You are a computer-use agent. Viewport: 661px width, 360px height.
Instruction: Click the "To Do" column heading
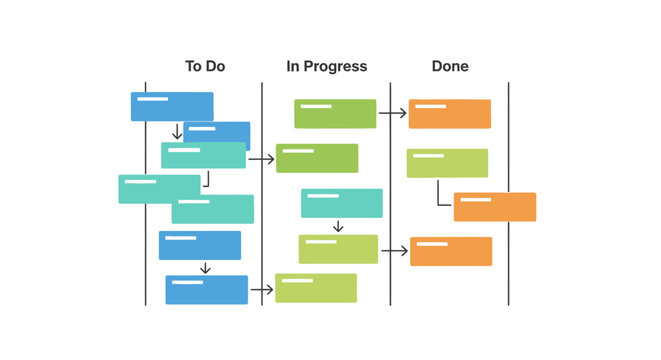click(x=205, y=67)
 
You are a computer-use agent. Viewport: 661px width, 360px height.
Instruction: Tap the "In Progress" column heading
click(x=327, y=67)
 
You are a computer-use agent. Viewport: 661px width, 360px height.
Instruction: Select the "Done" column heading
click(x=450, y=67)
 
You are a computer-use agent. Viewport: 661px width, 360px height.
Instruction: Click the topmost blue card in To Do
click(x=171, y=106)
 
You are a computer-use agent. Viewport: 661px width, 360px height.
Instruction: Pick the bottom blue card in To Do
click(x=206, y=290)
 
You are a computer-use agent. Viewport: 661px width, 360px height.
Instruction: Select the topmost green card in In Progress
click(x=335, y=114)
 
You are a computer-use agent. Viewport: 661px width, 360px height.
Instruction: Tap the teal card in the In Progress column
click(x=341, y=203)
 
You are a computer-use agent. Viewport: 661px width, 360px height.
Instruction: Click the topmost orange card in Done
click(x=450, y=114)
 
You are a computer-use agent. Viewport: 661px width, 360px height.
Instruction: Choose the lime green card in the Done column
click(x=447, y=163)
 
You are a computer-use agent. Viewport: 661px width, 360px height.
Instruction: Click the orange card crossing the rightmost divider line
click(x=495, y=207)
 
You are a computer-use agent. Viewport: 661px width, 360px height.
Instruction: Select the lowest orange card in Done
click(x=451, y=251)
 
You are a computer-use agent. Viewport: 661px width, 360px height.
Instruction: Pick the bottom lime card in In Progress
click(x=316, y=288)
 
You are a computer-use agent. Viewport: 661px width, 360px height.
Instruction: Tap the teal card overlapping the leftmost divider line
click(x=158, y=189)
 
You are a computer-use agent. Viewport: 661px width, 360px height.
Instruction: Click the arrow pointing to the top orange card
click(x=392, y=114)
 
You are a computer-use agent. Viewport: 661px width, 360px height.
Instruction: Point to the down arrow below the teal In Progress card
click(x=338, y=227)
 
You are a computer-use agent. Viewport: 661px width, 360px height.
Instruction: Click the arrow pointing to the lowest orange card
click(x=394, y=251)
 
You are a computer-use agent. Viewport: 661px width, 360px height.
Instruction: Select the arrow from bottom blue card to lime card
click(x=261, y=290)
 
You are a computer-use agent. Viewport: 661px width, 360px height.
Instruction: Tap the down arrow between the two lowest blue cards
click(x=205, y=268)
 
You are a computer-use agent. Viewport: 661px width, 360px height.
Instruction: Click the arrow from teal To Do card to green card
click(x=261, y=158)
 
